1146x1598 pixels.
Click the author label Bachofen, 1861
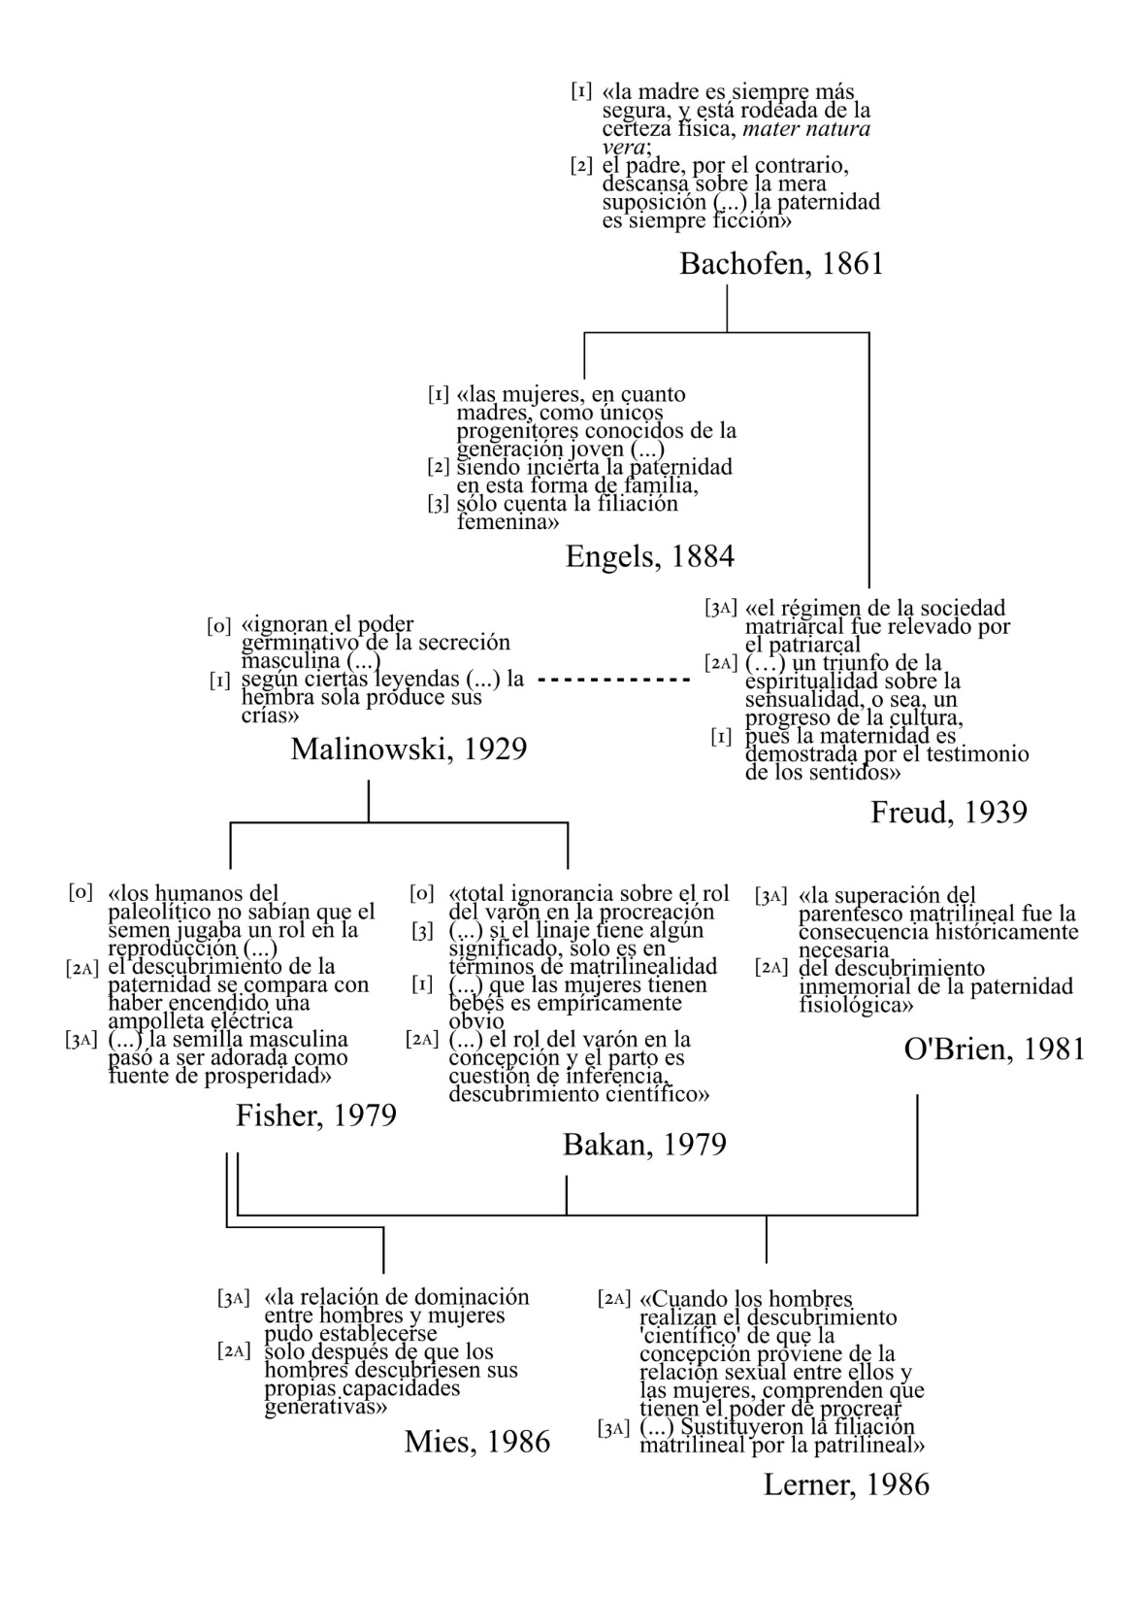click(x=781, y=264)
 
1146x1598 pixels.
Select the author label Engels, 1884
click(x=649, y=556)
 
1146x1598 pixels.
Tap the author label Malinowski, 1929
click(x=409, y=749)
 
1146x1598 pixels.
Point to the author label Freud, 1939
click(x=948, y=812)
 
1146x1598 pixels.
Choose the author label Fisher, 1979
click(x=316, y=1115)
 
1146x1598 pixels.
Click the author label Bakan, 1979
click(x=644, y=1145)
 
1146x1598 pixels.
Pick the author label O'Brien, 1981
click(x=994, y=1049)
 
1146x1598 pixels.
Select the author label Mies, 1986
click(x=477, y=1442)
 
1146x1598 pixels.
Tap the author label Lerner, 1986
click(x=846, y=1484)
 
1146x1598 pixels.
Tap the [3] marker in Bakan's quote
click(x=422, y=931)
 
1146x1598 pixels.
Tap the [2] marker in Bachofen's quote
click(x=581, y=166)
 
